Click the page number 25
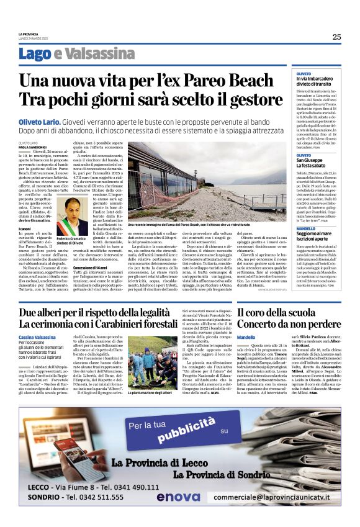(x=336, y=37)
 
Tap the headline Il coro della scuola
(x=282, y=312)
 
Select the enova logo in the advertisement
(x=178, y=497)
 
